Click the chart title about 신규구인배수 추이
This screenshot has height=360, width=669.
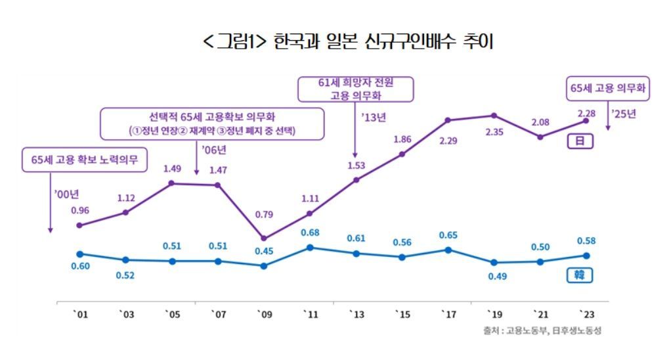pos(348,41)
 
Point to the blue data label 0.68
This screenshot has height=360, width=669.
pos(310,233)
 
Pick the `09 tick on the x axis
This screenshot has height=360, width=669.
pos(264,315)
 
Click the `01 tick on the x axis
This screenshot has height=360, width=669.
pos(80,315)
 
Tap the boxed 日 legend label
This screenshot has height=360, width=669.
pos(579,141)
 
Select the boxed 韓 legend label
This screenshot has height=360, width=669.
pos(579,275)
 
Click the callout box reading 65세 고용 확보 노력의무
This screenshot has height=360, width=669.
pos(85,160)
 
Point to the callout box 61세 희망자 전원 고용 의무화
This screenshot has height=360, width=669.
pos(356,89)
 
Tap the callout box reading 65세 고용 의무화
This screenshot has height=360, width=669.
pos(608,88)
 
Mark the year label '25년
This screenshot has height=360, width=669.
pos(624,114)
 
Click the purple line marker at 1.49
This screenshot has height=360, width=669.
pos(172,183)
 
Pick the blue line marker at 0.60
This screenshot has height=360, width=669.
pos(80,254)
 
